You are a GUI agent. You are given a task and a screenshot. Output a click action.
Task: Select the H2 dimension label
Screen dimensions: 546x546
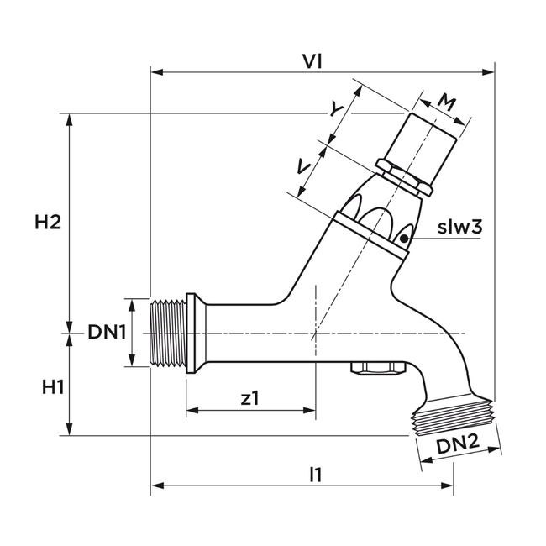pos(48,223)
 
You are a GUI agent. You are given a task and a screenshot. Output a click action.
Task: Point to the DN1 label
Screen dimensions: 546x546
pos(107,333)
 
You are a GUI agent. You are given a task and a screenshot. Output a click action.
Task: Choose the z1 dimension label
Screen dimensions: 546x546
pos(249,399)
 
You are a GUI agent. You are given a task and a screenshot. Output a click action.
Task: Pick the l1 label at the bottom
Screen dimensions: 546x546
pos(315,475)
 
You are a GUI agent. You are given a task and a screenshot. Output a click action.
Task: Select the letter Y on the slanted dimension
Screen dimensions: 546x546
pos(336,110)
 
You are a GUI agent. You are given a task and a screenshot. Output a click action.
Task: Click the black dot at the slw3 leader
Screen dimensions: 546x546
pos(404,239)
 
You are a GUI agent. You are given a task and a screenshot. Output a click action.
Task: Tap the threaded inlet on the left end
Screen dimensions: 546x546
pos(168,333)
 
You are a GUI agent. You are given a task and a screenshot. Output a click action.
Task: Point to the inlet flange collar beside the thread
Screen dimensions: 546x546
pos(192,333)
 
